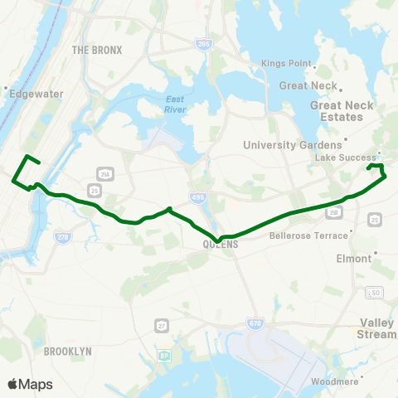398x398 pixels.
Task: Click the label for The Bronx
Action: coord(97,50)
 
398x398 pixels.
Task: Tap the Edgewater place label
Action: coord(36,94)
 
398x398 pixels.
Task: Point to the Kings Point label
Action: coord(285,64)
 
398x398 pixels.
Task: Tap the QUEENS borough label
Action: coord(221,245)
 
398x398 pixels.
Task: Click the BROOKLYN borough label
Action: coord(67,351)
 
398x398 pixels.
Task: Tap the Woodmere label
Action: coord(357,381)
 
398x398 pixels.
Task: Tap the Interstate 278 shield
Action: coord(62,237)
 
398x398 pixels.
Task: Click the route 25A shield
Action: coord(104,173)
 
